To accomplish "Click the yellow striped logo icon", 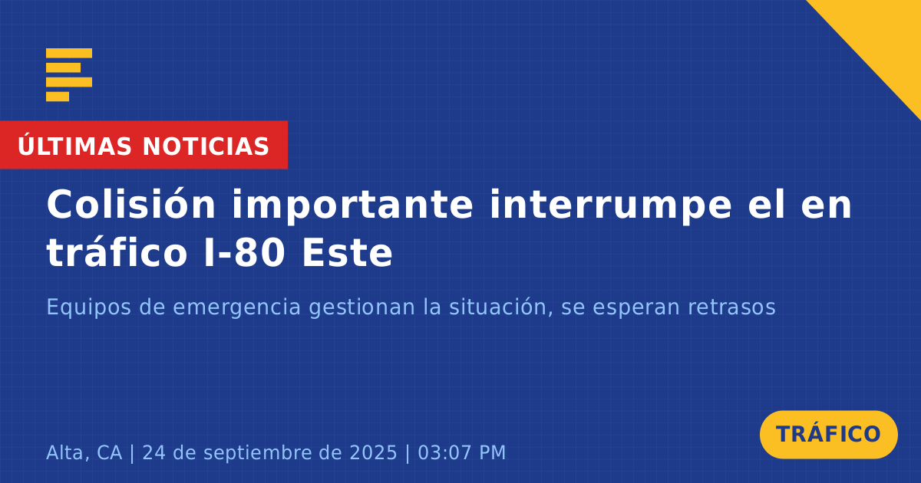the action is click(69, 75).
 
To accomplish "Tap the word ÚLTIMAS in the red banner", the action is click(74, 145).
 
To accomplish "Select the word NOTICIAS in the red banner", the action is click(206, 146).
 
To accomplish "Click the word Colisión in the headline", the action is click(130, 204).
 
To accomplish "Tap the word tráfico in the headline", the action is click(117, 251).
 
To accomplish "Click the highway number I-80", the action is click(245, 253).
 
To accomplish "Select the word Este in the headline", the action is click(347, 253).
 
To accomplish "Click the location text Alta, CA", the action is click(84, 452).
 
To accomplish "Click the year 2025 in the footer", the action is click(373, 452).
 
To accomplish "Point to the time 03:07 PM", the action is click(462, 452).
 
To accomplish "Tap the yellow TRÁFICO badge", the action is click(828, 434).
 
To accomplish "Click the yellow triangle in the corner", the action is click(884, 37).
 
